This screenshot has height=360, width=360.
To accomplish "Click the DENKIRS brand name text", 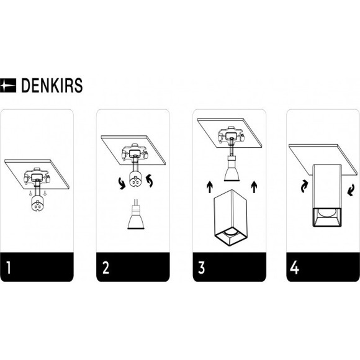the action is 52,86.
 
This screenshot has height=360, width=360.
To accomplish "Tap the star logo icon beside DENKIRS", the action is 8,86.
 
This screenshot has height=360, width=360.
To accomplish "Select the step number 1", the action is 9,268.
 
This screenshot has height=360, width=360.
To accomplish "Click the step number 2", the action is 106,268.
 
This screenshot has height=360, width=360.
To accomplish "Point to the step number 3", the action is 201,268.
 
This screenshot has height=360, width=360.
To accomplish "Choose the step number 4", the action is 295,268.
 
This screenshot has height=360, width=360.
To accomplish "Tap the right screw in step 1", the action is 45,194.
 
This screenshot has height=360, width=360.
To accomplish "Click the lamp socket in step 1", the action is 37,203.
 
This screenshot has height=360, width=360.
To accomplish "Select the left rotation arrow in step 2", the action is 121,184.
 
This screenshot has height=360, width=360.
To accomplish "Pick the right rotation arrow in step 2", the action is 150,181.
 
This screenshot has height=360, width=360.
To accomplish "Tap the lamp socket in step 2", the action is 135,179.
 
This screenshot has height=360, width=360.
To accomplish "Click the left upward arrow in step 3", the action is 209,187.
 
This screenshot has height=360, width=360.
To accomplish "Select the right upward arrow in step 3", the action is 254,187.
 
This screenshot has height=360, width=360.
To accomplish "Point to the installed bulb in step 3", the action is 232,169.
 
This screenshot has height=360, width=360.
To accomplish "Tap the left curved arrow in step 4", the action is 304,186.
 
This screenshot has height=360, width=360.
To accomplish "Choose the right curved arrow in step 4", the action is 351,191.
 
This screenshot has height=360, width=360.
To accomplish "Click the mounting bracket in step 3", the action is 231,135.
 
